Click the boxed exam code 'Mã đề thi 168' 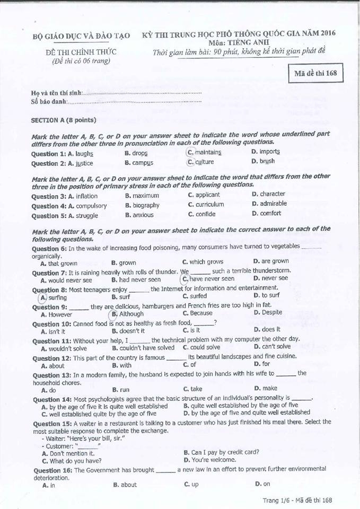(x=315, y=73)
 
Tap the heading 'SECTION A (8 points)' (x=64, y=120)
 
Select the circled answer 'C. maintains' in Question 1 (x=205, y=152)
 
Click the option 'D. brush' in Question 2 (x=263, y=161)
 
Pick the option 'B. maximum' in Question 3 (x=142, y=196)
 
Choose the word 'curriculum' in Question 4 (x=210, y=204)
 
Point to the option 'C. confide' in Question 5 (x=202, y=214)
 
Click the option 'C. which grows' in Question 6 (x=203, y=261)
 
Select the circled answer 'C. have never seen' (x=208, y=278)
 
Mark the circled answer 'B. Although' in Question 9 (x=128, y=314)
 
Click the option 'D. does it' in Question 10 (x=267, y=329)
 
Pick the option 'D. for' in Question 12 (x=262, y=364)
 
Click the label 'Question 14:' (x=52, y=399)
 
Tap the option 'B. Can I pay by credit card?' (x=221, y=452)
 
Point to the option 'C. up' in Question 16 (x=191, y=484)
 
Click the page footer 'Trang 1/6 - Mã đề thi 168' (x=297, y=500)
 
